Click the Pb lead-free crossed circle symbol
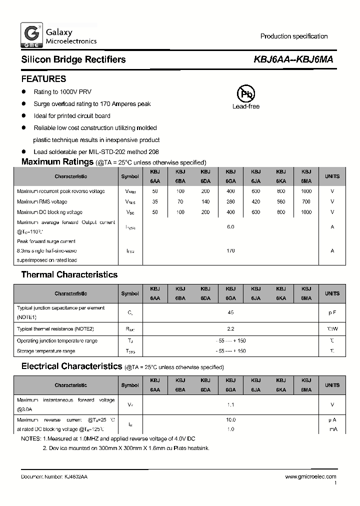point(245,93)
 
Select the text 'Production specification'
point(294,36)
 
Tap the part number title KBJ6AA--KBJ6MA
point(293,59)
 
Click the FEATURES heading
point(43,79)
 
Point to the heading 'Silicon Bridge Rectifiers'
point(73,59)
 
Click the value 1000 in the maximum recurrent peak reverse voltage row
point(306,191)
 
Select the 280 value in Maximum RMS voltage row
point(230,202)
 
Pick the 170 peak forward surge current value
point(230,251)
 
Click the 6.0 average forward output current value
point(230,226)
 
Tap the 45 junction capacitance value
point(230,312)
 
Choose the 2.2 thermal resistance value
point(230,329)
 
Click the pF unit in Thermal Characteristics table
point(332,312)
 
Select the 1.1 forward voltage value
point(230,404)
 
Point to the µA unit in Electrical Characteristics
point(332,420)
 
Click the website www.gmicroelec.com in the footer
point(310,477)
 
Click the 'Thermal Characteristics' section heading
point(69,274)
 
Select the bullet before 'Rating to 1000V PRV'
point(23,92)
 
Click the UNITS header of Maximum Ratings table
point(332,176)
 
